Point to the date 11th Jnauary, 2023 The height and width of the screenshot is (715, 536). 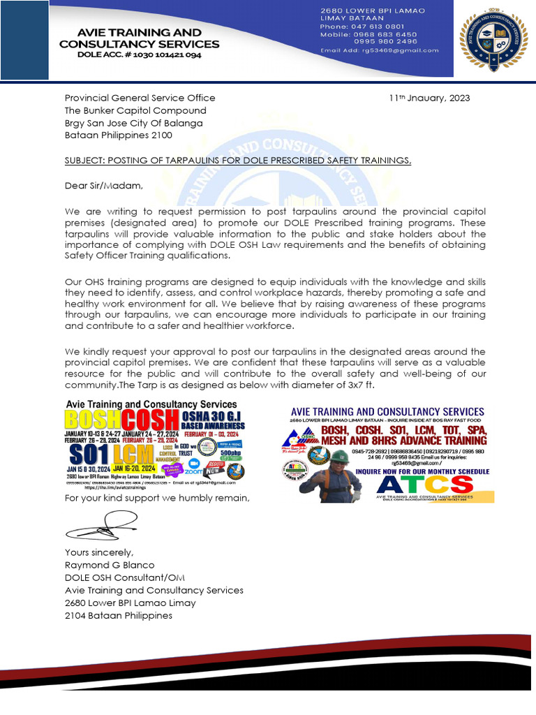[429, 98]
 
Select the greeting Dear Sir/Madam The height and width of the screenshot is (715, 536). [103, 186]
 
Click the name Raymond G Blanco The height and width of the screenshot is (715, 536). [110, 565]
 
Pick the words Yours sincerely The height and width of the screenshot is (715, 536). [98, 552]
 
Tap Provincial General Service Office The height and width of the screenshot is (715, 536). [140, 98]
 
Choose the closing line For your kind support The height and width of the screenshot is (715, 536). [156, 498]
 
